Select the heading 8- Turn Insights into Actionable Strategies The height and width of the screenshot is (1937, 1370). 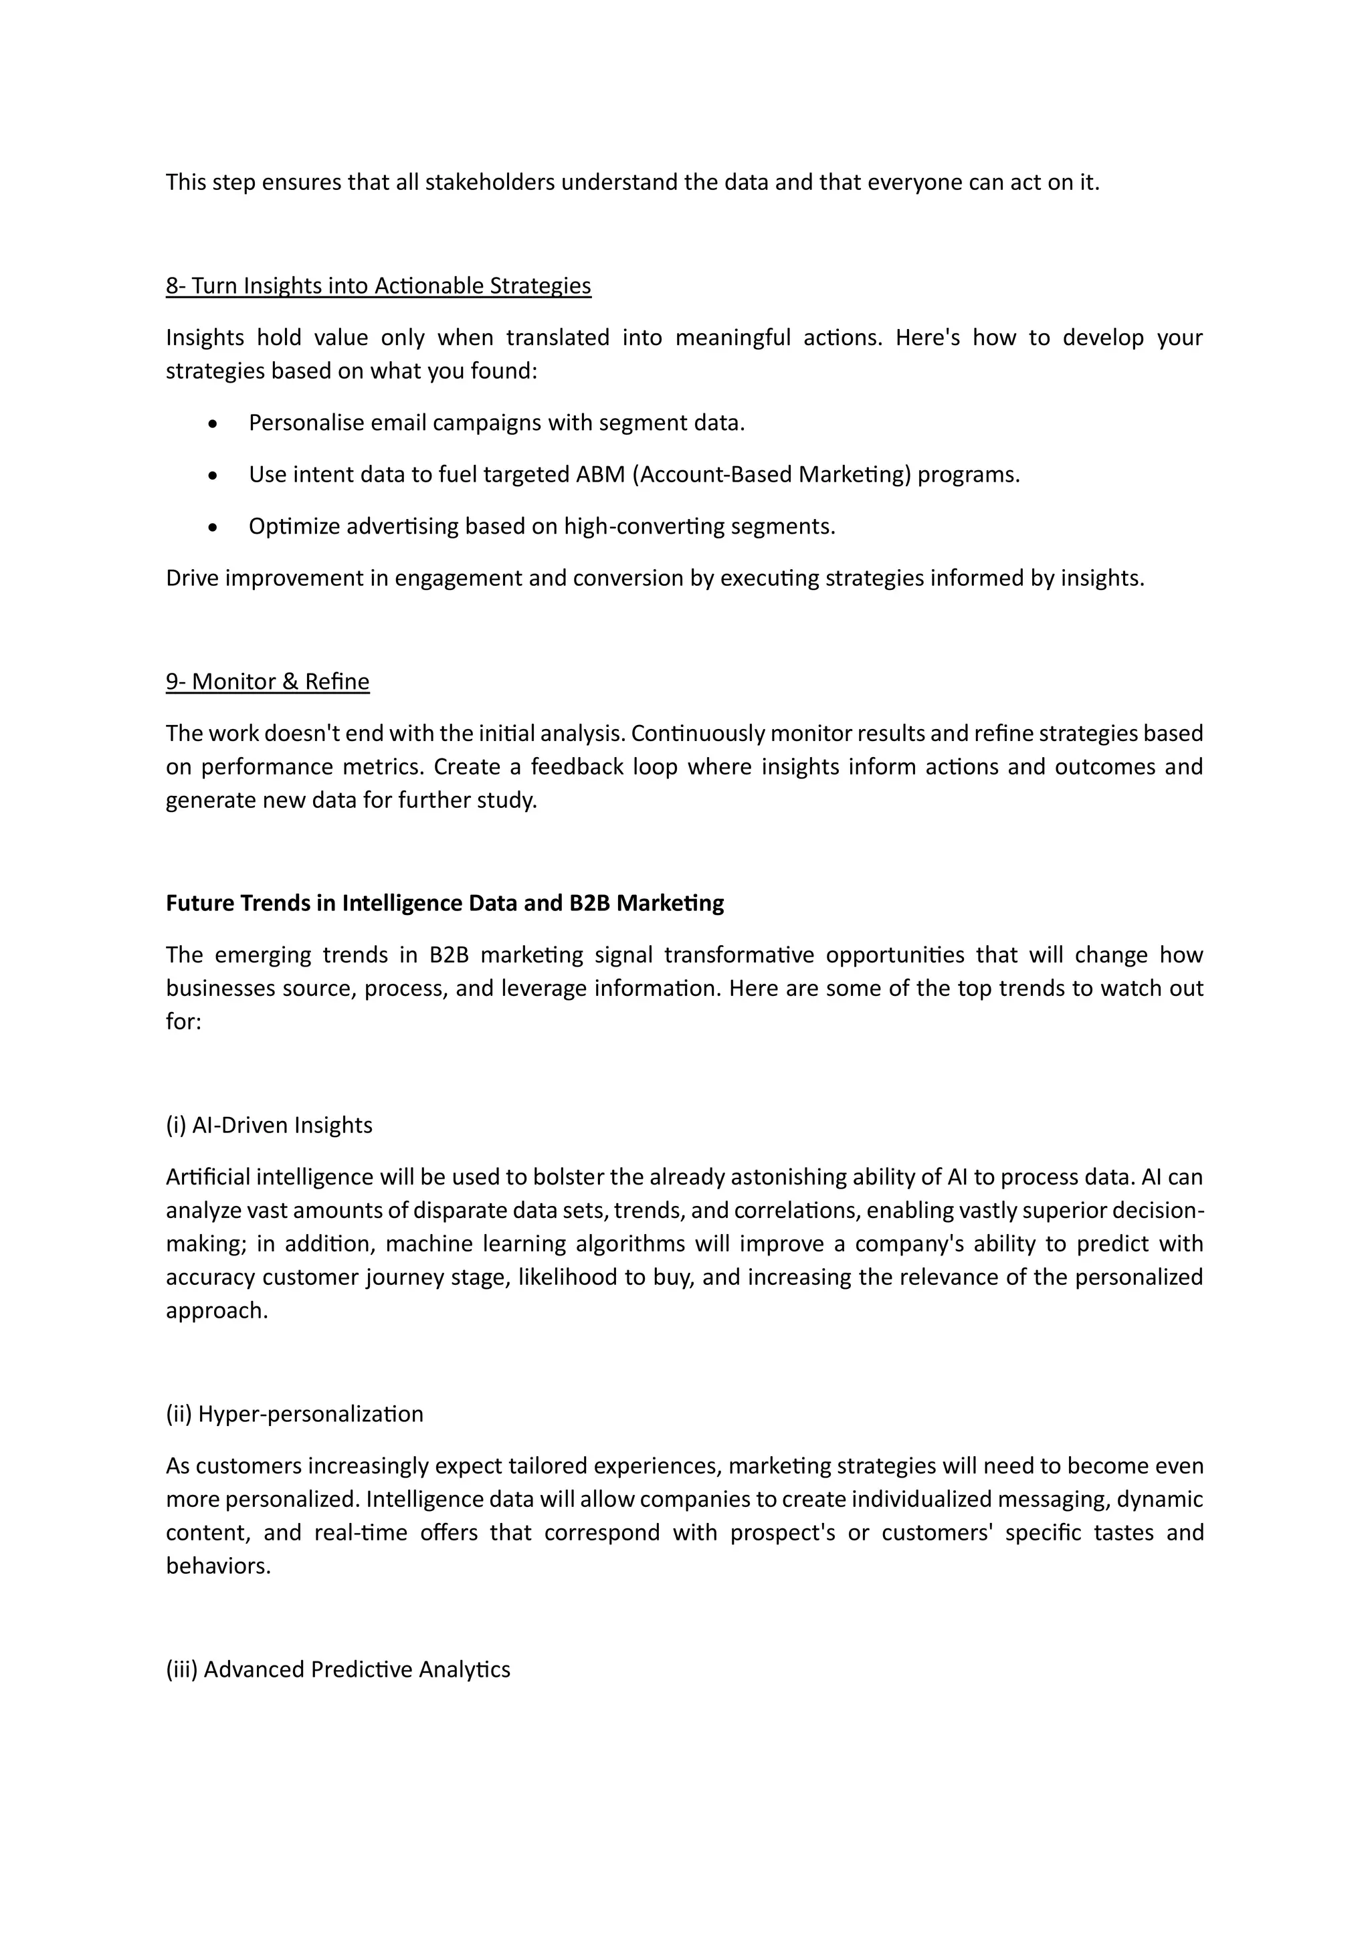click(x=378, y=286)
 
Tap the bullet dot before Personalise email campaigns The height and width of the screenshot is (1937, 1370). click(x=213, y=423)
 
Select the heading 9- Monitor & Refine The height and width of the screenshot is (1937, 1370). click(x=268, y=682)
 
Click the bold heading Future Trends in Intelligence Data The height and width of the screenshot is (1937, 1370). click(x=445, y=904)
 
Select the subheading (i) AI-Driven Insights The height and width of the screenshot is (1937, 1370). click(x=269, y=1126)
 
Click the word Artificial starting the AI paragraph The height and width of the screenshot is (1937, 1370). click(x=207, y=1177)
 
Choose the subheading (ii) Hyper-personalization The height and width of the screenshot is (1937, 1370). click(x=294, y=1414)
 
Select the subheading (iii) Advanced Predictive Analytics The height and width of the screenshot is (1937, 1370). click(x=338, y=1669)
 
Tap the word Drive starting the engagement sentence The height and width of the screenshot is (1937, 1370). click(x=191, y=579)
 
